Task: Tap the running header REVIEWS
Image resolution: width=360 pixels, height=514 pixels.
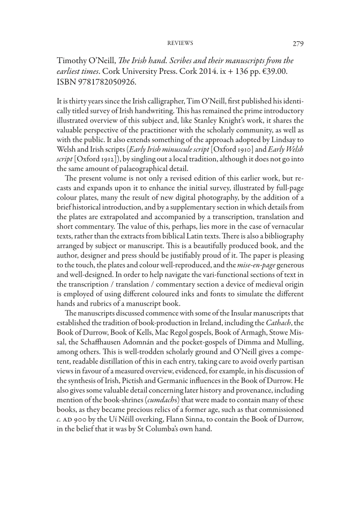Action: (x=180, y=43)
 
